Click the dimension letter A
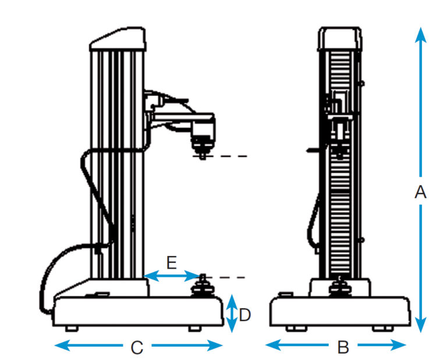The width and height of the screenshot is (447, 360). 420,193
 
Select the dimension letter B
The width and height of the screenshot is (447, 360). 343,347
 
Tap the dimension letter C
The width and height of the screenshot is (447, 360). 136,348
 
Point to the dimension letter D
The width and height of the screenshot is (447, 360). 245,315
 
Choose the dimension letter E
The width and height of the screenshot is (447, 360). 171,262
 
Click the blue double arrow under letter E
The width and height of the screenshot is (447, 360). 172,276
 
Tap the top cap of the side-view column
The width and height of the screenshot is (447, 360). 118,40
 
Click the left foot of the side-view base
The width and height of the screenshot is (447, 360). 71,329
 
